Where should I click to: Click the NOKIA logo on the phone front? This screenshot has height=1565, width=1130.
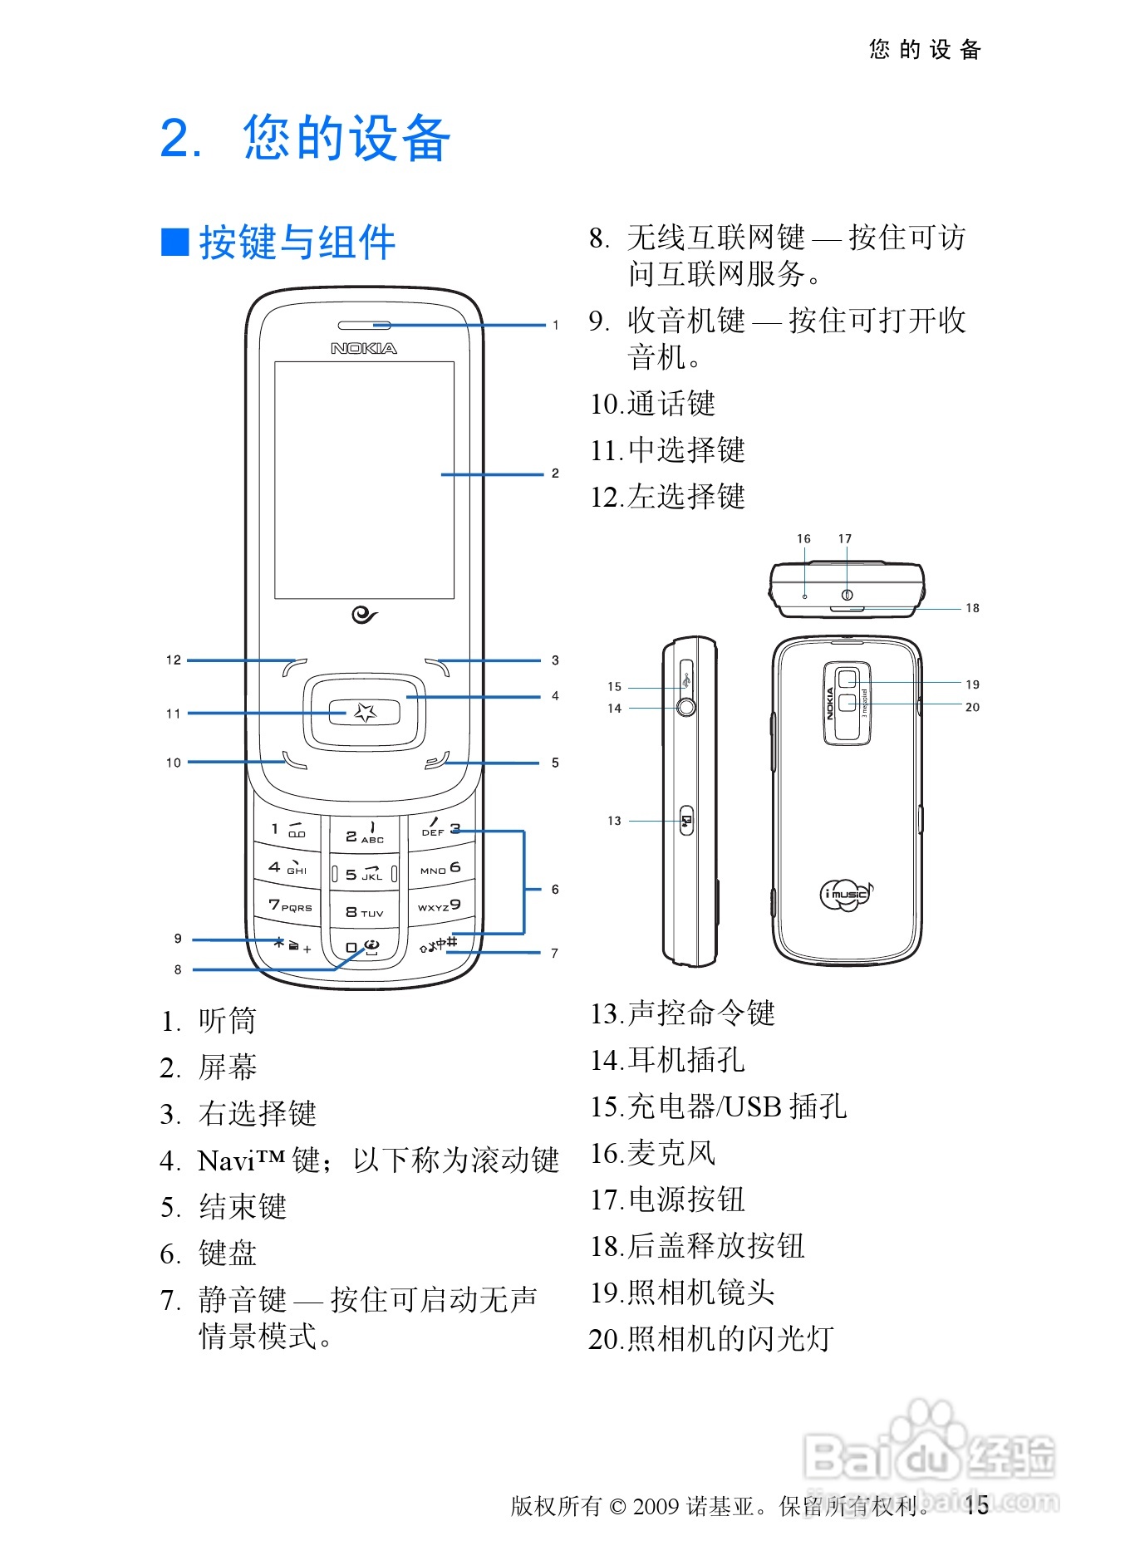pos(364,348)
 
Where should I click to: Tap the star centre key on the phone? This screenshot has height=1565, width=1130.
pos(365,712)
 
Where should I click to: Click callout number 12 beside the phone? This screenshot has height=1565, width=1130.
pos(173,660)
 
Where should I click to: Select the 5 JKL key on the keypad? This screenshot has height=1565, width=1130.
pos(364,874)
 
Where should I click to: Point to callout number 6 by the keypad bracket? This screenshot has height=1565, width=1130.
pos(555,890)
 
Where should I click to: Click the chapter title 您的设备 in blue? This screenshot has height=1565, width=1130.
pos(347,138)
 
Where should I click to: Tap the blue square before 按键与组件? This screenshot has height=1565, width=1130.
pos(174,242)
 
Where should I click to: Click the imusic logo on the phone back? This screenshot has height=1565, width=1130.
pos(846,894)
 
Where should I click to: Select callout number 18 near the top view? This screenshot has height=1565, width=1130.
pos(972,608)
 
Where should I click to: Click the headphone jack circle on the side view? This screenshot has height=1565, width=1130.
pos(686,708)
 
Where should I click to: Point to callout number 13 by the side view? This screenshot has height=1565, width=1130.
pos(614,821)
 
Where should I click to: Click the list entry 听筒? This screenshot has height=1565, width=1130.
pos(227,1021)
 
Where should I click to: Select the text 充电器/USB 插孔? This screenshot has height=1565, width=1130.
pos(736,1106)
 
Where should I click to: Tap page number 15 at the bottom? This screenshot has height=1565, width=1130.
pos(977,1504)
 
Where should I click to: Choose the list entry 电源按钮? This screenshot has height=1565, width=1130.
pos(686,1200)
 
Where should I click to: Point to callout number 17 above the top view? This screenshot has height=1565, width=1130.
pos(845,539)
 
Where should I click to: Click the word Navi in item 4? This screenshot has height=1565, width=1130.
pos(226,1160)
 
